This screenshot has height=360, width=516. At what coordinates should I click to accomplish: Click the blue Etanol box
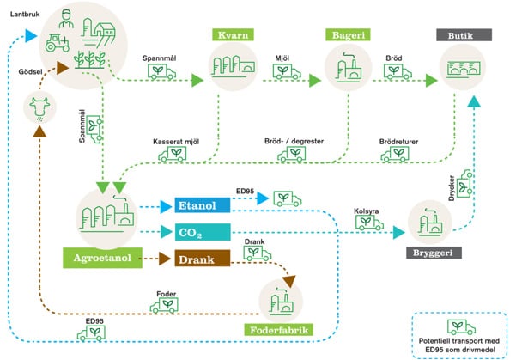click(201, 205)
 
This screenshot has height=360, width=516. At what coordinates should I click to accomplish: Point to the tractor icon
click(58, 40)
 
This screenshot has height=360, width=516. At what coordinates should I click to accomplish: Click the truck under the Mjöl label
click(286, 73)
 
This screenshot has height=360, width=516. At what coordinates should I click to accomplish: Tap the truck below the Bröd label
click(397, 73)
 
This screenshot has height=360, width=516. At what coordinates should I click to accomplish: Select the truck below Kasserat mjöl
click(175, 154)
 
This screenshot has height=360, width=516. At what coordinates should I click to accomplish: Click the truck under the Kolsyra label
click(369, 223)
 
